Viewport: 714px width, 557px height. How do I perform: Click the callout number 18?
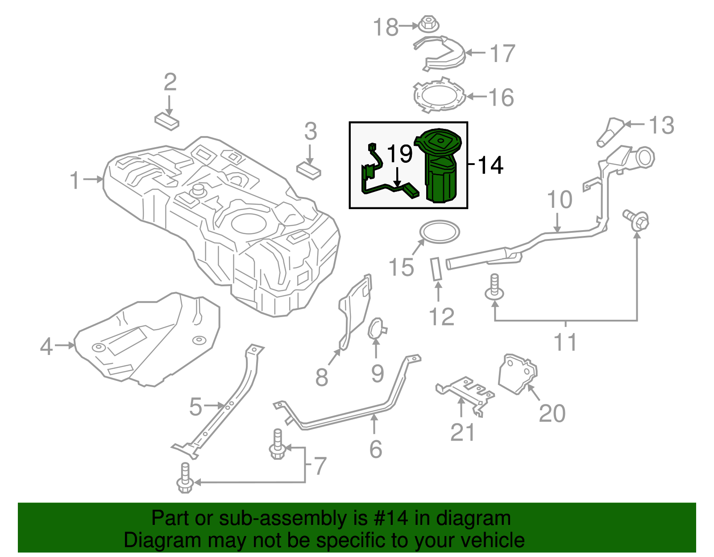click(x=386, y=27)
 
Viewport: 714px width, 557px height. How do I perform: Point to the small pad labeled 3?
click(x=308, y=170)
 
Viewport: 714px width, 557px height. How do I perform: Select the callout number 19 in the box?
click(x=399, y=154)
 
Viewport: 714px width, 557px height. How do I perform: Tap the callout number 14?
click(x=490, y=165)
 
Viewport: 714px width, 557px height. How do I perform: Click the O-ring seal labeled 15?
click(x=440, y=232)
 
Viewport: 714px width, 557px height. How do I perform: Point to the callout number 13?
click(x=661, y=125)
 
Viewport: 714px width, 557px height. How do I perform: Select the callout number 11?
click(x=565, y=342)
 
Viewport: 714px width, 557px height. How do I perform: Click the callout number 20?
click(x=552, y=413)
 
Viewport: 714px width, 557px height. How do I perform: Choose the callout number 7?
click(x=320, y=466)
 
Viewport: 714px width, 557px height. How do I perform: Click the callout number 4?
click(x=46, y=347)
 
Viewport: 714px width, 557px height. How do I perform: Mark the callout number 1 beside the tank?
click(x=75, y=181)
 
